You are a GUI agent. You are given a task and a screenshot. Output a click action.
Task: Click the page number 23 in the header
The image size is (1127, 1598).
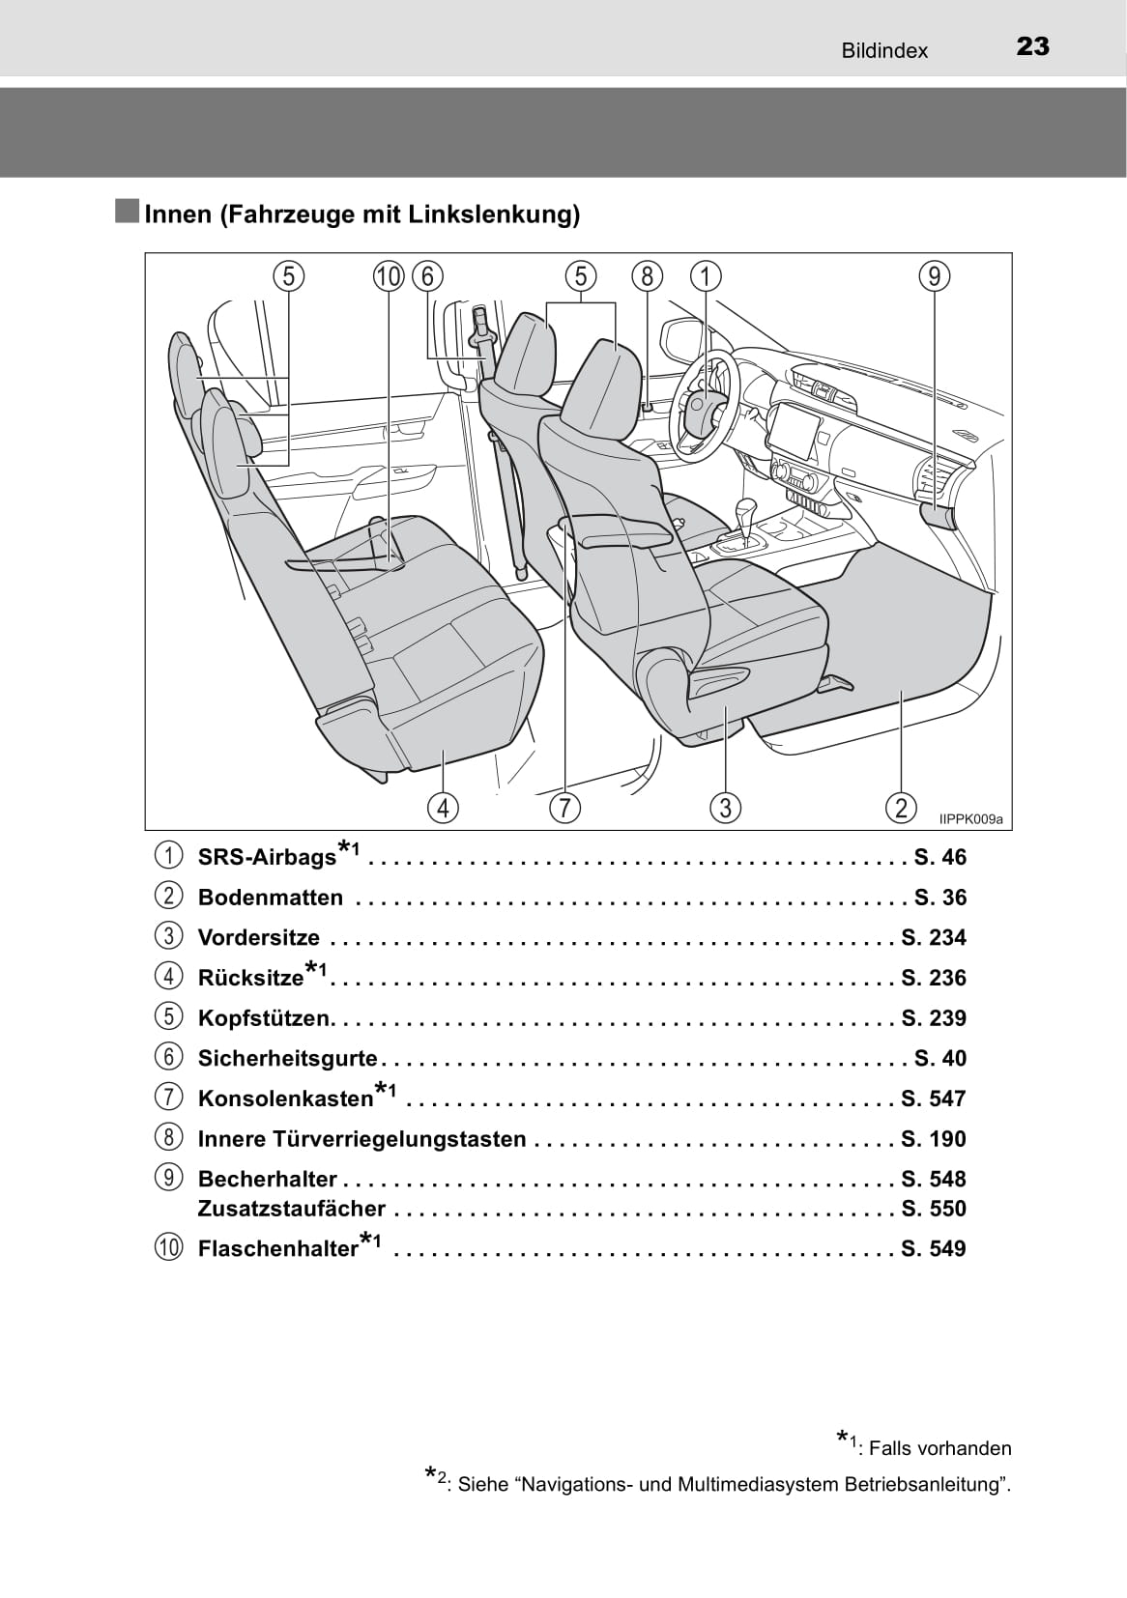[1033, 47]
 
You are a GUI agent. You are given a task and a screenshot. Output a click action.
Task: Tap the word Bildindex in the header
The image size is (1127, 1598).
[884, 50]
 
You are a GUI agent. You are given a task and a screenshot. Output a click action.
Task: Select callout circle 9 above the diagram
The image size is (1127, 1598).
[935, 276]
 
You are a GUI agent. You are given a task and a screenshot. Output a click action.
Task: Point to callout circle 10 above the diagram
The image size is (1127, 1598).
[389, 276]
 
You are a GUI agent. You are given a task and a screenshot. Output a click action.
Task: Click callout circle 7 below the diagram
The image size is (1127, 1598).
[564, 808]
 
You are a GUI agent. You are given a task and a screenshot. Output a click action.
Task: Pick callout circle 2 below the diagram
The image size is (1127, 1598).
[901, 808]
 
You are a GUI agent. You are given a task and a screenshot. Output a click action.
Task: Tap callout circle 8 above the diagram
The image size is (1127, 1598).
[648, 276]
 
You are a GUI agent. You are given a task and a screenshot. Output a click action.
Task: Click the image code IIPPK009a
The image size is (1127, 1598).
[970, 819]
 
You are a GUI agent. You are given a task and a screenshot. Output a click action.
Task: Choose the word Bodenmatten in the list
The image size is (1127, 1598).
[271, 898]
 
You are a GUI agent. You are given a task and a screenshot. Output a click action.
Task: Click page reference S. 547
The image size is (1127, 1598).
[934, 1099]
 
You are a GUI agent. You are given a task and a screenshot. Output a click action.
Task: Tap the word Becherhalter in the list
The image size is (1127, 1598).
[268, 1180]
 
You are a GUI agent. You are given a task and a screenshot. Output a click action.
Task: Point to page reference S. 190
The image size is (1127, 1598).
[934, 1139]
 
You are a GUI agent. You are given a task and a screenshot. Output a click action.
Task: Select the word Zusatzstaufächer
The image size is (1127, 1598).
[291, 1209]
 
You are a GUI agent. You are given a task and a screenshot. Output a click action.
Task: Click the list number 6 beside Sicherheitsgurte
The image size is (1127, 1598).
[168, 1057]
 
